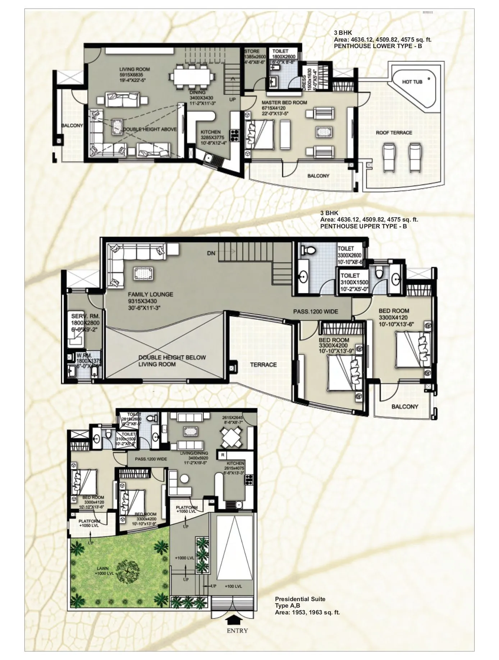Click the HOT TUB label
pos(412,82)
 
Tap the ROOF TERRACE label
pos(394,133)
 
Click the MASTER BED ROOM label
pos(284,103)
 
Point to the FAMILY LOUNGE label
pos(150,294)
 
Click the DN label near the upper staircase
pos(211,253)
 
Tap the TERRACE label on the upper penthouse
pos(263,364)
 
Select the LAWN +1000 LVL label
pos(105,571)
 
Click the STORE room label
pos(252,51)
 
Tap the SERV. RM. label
pos(85,316)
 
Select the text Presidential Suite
pos(300,599)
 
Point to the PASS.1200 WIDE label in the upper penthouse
pos(315,311)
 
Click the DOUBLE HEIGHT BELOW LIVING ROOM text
pos(172,361)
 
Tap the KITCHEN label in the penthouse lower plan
pos(211,132)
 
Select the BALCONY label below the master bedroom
pos(318,176)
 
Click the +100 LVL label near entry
pos(234,586)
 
